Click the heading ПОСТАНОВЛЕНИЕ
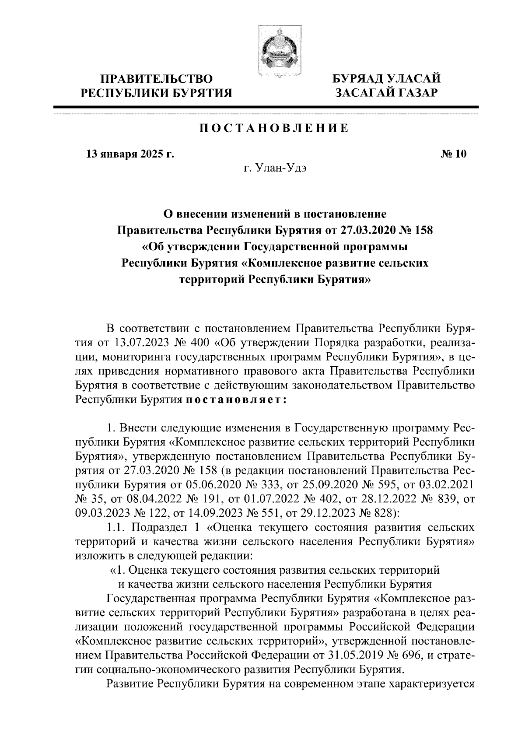click(274, 128)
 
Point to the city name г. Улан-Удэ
click(275, 169)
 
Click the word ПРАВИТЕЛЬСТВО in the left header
click(157, 79)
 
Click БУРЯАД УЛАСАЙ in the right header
click(386, 79)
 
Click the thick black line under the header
click(266, 107)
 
